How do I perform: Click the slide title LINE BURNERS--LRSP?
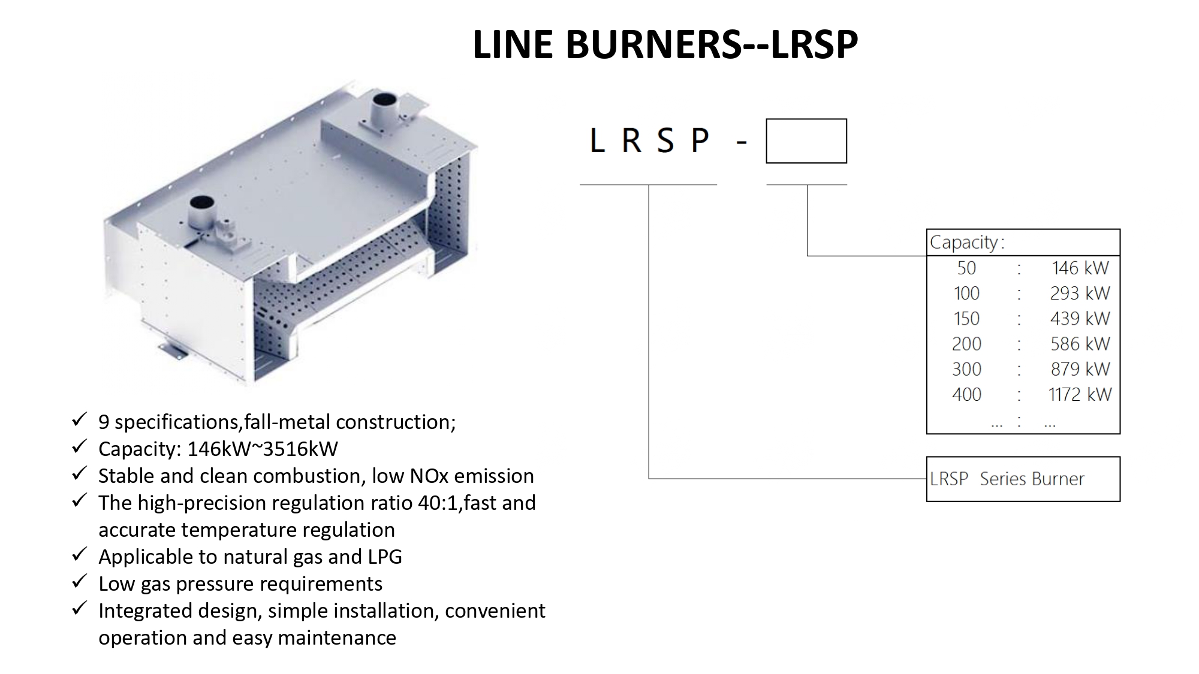point(665,44)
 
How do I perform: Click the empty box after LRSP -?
point(806,141)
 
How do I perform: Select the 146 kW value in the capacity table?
point(1080,268)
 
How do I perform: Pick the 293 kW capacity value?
point(1080,293)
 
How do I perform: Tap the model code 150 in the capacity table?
point(966,318)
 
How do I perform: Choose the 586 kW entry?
point(1080,344)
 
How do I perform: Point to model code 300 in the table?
point(966,369)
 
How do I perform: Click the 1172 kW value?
point(1080,394)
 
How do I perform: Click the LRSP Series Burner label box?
point(1023,479)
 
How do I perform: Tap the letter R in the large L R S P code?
point(631,141)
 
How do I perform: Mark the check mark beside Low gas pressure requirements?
point(79,582)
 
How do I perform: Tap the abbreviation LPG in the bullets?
point(384,557)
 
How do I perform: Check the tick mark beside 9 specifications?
point(79,420)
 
